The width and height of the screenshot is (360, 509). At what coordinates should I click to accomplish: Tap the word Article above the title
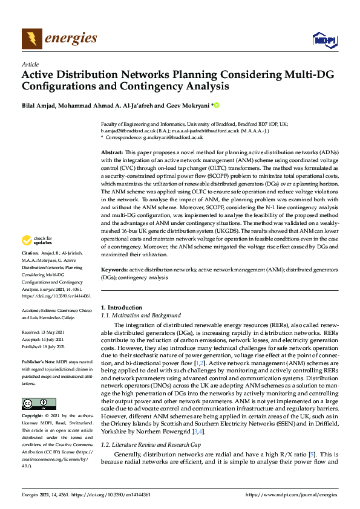point(30,64)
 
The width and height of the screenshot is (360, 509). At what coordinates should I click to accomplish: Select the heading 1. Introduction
point(121,307)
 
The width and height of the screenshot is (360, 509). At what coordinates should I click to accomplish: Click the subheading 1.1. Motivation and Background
point(140,315)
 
